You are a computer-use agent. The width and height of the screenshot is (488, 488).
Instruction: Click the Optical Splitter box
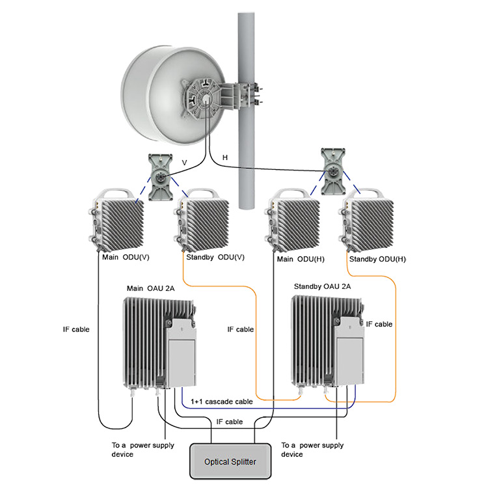pyautogui.click(x=230, y=462)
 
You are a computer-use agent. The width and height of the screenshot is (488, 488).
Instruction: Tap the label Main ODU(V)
pyautogui.click(x=126, y=257)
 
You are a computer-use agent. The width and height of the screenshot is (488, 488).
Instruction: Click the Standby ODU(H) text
pyautogui.click(x=377, y=259)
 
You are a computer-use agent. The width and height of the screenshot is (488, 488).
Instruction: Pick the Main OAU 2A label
pyautogui.click(x=150, y=288)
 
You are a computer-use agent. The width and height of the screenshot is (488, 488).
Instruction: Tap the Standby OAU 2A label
pyautogui.click(x=323, y=287)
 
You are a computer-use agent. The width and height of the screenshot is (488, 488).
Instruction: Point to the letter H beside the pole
pyautogui.click(x=225, y=158)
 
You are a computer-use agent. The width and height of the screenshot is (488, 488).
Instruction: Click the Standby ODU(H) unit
pyautogui.click(x=368, y=221)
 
